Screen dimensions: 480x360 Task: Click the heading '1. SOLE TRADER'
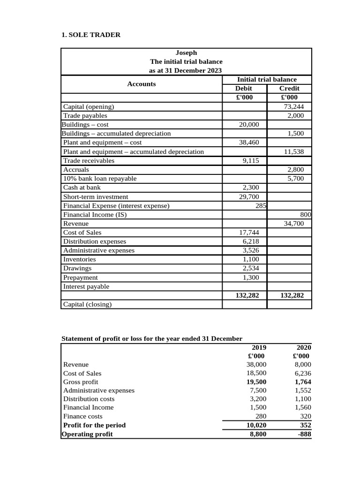[91, 35]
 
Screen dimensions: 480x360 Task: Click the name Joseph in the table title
[186, 53]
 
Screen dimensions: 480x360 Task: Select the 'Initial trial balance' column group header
[267, 80]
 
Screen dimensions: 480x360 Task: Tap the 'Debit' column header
[243, 89]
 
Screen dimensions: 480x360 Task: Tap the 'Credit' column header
[289, 89]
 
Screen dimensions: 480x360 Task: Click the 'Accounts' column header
[141, 84]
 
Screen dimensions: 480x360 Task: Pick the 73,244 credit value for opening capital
[294, 106]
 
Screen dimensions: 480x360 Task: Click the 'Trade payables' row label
[85, 115]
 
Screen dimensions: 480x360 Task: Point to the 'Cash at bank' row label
[82, 187]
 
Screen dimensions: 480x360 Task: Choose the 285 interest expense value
[261, 206]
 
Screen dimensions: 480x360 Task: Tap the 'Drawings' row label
[77, 269]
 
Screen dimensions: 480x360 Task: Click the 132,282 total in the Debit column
[245, 296]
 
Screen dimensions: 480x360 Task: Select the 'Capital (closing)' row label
[88, 305]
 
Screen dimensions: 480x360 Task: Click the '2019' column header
[259, 347]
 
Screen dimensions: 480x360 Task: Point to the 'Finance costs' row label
[83, 416]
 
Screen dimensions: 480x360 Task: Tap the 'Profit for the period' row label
[95, 425]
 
